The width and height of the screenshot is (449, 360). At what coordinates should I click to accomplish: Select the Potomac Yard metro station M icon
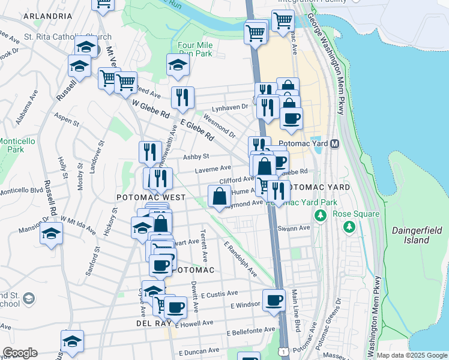click(334, 144)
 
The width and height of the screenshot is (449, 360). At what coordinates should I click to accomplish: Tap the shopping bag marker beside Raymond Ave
click(220, 196)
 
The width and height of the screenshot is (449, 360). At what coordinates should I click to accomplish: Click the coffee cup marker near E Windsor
click(274, 300)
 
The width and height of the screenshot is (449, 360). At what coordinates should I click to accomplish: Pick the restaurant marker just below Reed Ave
click(182, 97)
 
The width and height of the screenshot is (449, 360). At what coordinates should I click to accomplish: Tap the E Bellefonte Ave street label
click(250, 331)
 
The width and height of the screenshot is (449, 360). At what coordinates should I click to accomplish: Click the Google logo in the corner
click(20, 353)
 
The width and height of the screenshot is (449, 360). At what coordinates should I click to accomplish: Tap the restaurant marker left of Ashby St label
click(149, 152)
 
